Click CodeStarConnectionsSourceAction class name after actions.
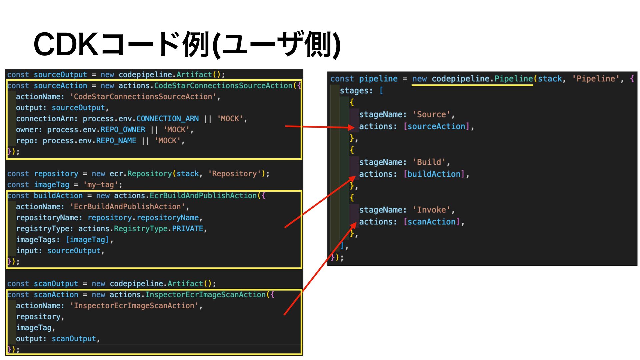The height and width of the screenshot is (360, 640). pos(223,86)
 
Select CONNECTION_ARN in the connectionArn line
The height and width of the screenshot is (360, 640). pos(167,119)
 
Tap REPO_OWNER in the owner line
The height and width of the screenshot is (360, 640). pos(123,130)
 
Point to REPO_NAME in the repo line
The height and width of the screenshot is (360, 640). pos(116,141)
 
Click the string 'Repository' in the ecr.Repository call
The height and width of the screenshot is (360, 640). pos(234,174)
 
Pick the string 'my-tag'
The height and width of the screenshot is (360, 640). pos(100,185)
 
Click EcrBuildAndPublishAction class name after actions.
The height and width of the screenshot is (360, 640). pos(203,196)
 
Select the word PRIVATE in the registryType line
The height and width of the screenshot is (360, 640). pos(187,229)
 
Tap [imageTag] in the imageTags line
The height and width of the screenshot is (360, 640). pos(87,240)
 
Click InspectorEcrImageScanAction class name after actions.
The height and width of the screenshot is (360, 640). pos(205,295)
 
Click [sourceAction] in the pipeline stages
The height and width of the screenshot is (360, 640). pos(436,127)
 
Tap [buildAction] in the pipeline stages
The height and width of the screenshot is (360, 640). pos(434,174)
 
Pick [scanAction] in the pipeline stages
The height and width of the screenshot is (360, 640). pos(431,222)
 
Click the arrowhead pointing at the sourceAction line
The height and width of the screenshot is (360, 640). pos(351,127)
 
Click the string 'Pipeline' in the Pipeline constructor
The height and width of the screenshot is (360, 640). pos(596,79)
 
